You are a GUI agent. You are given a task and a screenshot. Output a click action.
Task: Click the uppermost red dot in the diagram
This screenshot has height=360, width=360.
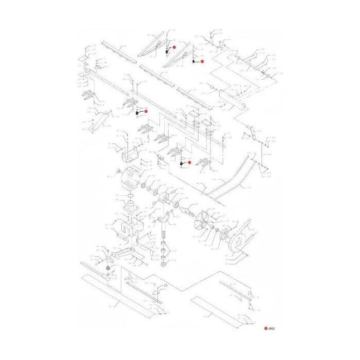[174, 48]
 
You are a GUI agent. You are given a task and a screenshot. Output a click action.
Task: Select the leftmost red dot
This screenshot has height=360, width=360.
[146, 111]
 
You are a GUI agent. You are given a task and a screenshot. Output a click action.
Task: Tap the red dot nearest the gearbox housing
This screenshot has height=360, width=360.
[189, 162]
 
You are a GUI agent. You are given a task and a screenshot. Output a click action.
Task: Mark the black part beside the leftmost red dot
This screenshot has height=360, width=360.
[137, 113]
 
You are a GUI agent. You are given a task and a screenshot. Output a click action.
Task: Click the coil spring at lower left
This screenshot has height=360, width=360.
[109, 273]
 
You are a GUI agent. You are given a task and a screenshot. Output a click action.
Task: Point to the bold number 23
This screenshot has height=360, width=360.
[165, 286]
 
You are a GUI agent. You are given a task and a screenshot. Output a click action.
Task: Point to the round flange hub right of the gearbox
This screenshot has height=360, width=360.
[166, 201]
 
